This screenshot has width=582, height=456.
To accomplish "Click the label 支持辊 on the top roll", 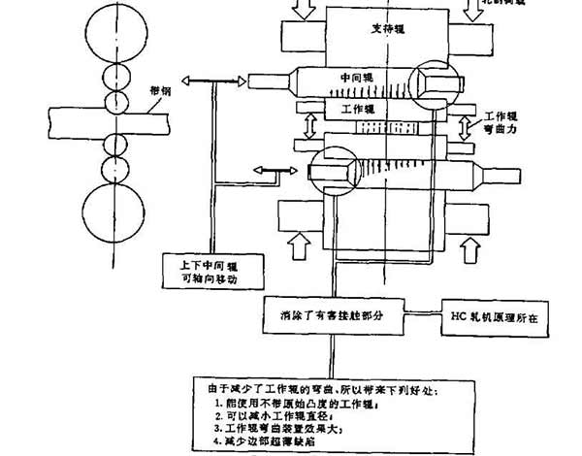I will click(x=388, y=30).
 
